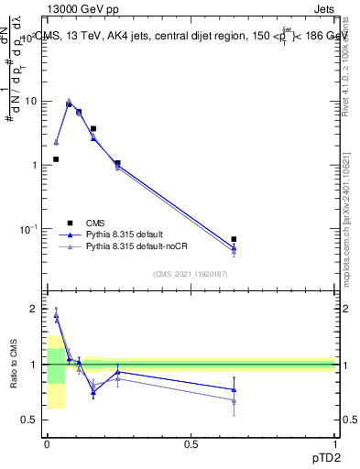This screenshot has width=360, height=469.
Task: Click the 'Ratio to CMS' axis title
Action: point(14,365)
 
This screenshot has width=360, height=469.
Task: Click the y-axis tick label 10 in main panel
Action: point(30,102)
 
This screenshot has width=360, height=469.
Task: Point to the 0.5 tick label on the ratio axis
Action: point(30,420)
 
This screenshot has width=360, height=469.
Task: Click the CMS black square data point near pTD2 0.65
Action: point(234,239)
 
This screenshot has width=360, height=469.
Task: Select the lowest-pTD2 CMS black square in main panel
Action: point(56,159)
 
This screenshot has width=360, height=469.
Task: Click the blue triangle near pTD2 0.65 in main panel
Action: point(234,248)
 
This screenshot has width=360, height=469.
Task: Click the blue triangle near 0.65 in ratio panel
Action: point(234,389)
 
